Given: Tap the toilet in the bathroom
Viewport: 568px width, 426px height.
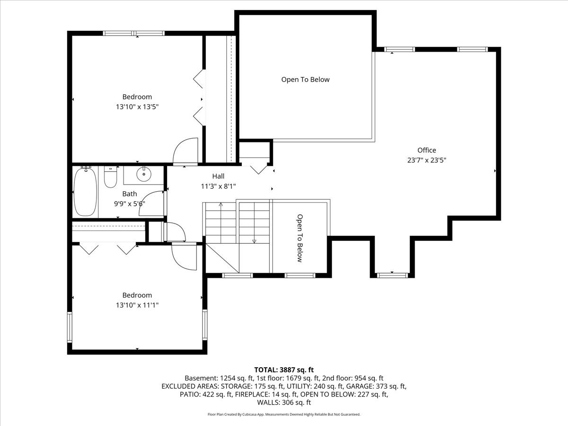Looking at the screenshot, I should click(110, 177).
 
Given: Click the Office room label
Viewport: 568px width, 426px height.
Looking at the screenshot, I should click(426, 151).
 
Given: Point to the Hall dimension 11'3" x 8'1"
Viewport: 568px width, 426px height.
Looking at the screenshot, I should click(218, 186).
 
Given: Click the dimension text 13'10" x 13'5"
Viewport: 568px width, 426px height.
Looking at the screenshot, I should click(137, 107).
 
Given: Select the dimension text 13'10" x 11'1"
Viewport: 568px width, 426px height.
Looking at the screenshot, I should click(137, 305).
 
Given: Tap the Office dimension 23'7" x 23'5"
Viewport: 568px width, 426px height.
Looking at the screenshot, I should click(426, 160).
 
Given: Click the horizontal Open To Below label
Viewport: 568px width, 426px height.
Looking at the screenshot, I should click(305, 80).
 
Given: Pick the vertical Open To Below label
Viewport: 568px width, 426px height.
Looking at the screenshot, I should click(300, 238).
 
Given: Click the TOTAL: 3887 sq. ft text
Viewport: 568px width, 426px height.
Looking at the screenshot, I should click(284, 370).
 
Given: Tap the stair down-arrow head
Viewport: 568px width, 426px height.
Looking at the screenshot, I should click(254, 241).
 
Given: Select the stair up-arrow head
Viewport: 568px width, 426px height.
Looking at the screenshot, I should click(221, 204).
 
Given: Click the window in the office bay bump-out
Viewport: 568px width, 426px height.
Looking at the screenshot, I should click(392, 274).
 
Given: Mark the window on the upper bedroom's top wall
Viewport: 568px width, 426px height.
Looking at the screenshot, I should click(134, 33).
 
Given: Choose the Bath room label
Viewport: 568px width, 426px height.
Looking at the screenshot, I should click(130, 194).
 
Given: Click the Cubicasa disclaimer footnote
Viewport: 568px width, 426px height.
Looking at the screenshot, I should click(284, 414).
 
